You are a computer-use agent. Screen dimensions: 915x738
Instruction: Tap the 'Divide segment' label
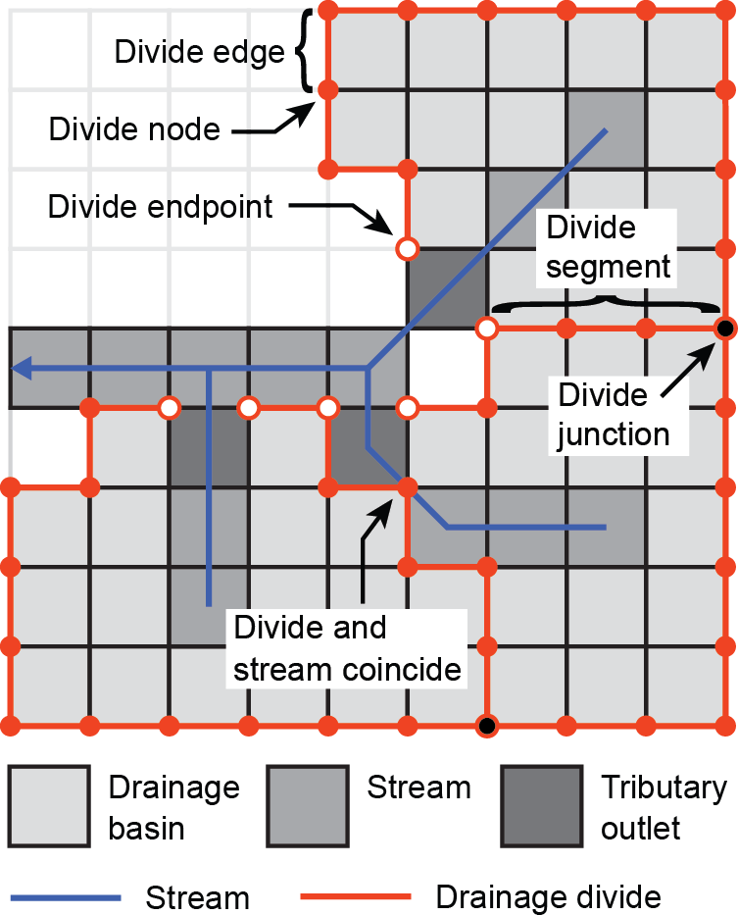tap(608, 247)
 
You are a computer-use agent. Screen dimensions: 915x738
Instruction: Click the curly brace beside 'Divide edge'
tap(305, 51)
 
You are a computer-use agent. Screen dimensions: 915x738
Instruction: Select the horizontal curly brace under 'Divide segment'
tap(608, 302)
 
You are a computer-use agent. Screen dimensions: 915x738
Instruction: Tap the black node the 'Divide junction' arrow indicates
tap(725, 328)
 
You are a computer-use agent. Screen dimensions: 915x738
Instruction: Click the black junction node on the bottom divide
tap(486, 727)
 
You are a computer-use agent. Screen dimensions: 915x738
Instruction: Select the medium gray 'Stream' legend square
tap(308, 806)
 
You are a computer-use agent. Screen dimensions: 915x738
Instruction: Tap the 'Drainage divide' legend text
tap(548, 896)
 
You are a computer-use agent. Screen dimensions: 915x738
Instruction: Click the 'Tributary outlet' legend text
tap(664, 807)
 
